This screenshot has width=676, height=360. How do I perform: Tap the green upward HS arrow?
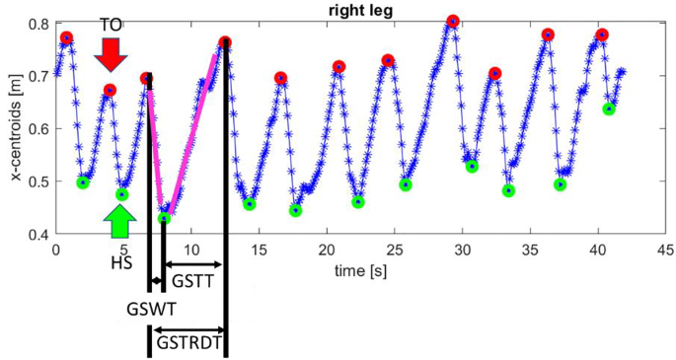tap(120, 222)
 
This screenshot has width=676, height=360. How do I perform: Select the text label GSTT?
tap(189, 280)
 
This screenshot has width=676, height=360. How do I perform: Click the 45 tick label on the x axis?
tap(665, 250)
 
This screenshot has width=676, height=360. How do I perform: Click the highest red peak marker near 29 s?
tap(452, 21)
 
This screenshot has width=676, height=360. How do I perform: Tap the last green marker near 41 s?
tap(609, 108)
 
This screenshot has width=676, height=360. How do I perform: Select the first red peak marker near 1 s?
tap(66, 37)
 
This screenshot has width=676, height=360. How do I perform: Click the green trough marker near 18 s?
tap(295, 210)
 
